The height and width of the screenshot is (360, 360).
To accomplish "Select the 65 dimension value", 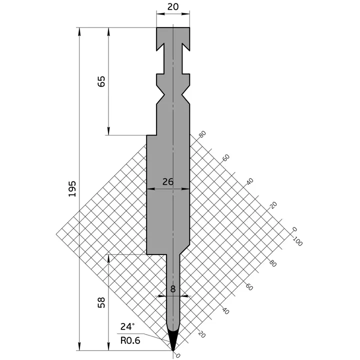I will coord(101,81).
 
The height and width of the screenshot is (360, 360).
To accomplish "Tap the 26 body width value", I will coord(168,182).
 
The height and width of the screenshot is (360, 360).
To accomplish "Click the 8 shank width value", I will coord(173,288).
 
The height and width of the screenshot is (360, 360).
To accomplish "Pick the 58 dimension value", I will coord(101,302).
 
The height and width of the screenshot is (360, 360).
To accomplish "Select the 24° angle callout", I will coord(127,326).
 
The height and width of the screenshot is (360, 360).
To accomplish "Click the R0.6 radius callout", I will coord(129,340).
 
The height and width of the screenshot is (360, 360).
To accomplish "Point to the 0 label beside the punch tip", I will coord(178,355).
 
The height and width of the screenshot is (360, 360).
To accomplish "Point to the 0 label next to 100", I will coord(294,229).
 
